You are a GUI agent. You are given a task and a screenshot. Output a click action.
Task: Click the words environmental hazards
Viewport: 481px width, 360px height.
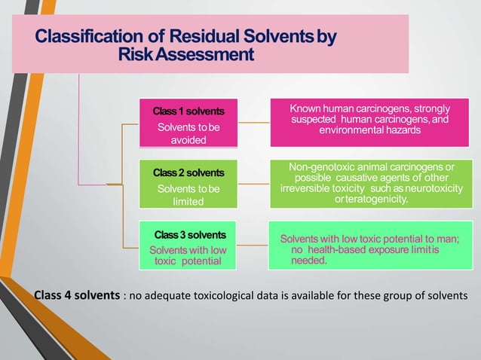pyautogui.click(x=369, y=130)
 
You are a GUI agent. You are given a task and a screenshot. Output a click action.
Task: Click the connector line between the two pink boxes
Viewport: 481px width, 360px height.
pyautogui.click(x=244, y=122)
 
